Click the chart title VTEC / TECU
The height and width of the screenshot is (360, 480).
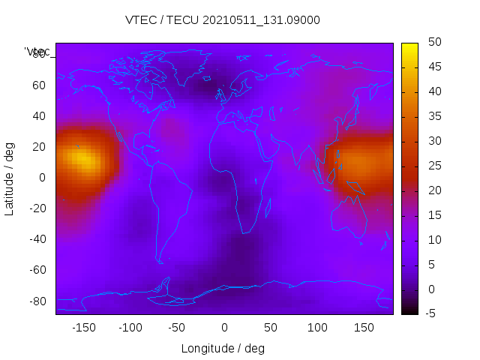(222, 20)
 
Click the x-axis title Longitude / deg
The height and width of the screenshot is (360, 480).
(223, 348)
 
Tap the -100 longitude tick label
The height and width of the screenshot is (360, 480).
(130, 327)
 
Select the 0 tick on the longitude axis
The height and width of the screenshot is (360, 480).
(224, 327)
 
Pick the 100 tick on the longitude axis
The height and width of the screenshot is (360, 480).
(317, 327)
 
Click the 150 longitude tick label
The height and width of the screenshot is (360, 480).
(364, 327)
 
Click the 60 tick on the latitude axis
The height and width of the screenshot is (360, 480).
(39, 85)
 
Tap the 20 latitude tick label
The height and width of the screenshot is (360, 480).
(39, 146)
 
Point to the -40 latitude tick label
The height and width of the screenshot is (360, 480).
(36, 239)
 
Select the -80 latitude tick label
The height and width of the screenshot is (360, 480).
(36, 301)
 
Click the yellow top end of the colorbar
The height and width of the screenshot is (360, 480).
(409, 47)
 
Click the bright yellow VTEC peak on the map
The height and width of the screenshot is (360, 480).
(82, 159)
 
